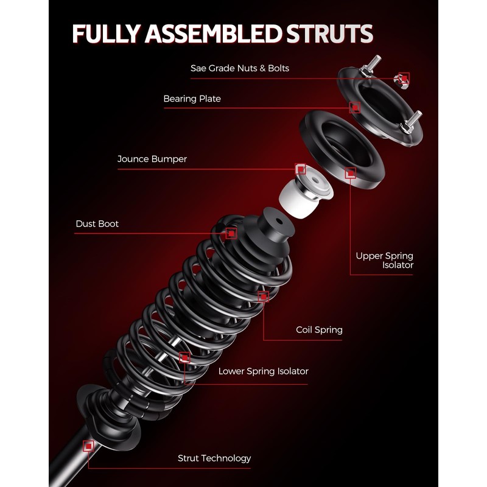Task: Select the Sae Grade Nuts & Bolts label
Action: [x=239, y=68]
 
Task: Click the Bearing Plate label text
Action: [x=192, y=99]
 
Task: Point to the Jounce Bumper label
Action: [x=152, y=159]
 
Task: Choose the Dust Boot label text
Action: [x=97, y=224]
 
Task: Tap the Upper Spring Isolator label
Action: [x=385, y=260]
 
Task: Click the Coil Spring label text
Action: [x=319, y=330]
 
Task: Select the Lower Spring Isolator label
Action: [x=263, y=371]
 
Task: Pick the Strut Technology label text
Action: [x=214, y=458]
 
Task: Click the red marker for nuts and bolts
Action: [x=403, y=78]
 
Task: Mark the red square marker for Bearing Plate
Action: [x=356, y=108]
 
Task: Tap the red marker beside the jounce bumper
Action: [x=300, y=169]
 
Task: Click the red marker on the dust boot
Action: [x=231, y=233]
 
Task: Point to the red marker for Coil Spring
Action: [x=263, y=296]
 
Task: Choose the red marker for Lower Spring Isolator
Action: [x=185, y=357]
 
